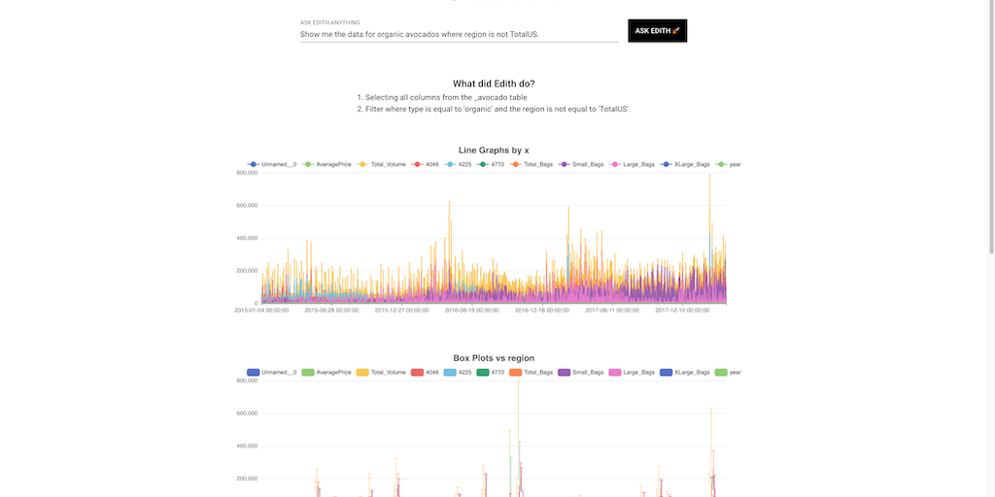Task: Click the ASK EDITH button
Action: [x=657, y=31]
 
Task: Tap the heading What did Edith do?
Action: [x=494, y=83]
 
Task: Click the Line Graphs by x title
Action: [x=494, y=149]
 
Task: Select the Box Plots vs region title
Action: [x=494, y=358]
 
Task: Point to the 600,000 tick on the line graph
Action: [x=246, y=205]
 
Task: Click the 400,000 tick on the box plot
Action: [x=246, y=446]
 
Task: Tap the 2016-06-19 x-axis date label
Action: [x=471, y=311]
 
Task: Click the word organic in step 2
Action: [x=468, y=110]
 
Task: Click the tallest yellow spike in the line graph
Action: [x=709, y=177]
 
